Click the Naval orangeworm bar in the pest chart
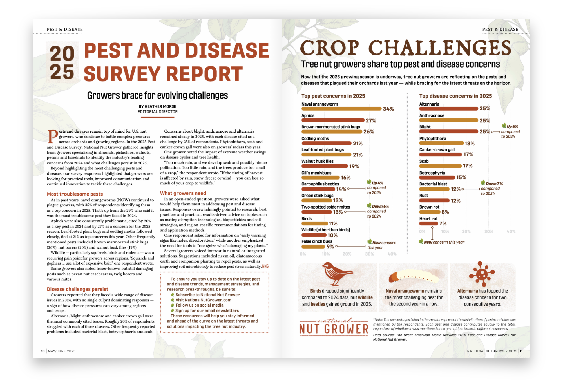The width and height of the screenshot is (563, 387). click(341, 109)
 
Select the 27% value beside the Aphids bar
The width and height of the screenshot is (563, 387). click(371, 121)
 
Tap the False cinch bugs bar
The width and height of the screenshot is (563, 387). click(313, 247)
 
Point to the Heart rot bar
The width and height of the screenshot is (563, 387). click(428, 224)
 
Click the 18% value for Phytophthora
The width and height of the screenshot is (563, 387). click(469, 144)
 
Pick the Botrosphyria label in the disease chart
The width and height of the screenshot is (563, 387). click(432, 173)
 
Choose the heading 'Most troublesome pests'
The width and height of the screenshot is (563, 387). click(75, 194)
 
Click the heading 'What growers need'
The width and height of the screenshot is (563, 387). click(183, 193)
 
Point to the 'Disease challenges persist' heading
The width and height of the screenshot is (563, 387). click(77, 289)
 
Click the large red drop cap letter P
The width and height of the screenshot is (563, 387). click(53, 137)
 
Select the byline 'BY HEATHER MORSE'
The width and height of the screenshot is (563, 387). click(157, 106)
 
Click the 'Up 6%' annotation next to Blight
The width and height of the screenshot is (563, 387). click(512, 127)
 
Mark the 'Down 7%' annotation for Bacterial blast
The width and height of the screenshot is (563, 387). click(494, 184)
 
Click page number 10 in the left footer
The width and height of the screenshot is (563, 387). click(43, 351)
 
